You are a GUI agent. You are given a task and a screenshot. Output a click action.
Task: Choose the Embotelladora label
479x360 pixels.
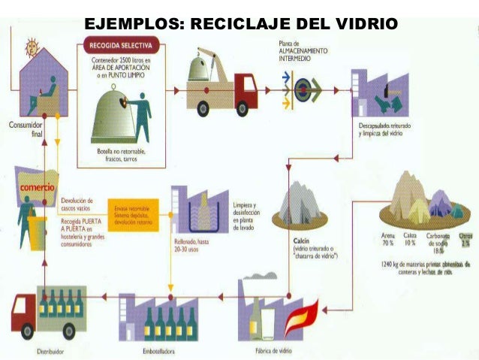click(x=155, y=350)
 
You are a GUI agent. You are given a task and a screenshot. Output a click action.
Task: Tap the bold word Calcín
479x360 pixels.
click(x=292, y=241)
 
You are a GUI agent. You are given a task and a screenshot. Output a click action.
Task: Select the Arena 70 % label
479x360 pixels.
click(x=387, y=240)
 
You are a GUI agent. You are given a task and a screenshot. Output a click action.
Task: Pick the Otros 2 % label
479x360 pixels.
click(x=463, y=240)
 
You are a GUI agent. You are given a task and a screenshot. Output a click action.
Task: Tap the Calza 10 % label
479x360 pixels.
click(x=408, y=240)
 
